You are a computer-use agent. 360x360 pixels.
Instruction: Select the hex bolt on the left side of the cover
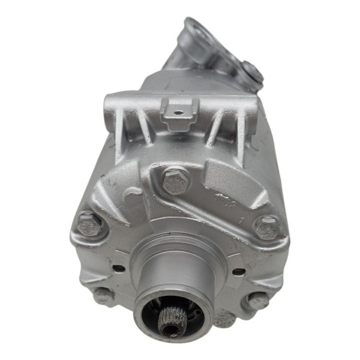[x=89, y=224]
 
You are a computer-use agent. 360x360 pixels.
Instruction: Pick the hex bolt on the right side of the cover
[x=266, y=227]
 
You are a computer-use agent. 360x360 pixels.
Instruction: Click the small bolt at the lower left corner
[x=102, y=295]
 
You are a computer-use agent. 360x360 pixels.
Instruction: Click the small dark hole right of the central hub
[x=238, y=271]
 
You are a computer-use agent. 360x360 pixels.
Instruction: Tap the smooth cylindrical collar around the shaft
[x=173, y=277]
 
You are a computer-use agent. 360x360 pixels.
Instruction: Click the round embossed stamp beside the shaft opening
[x=223, y=319]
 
